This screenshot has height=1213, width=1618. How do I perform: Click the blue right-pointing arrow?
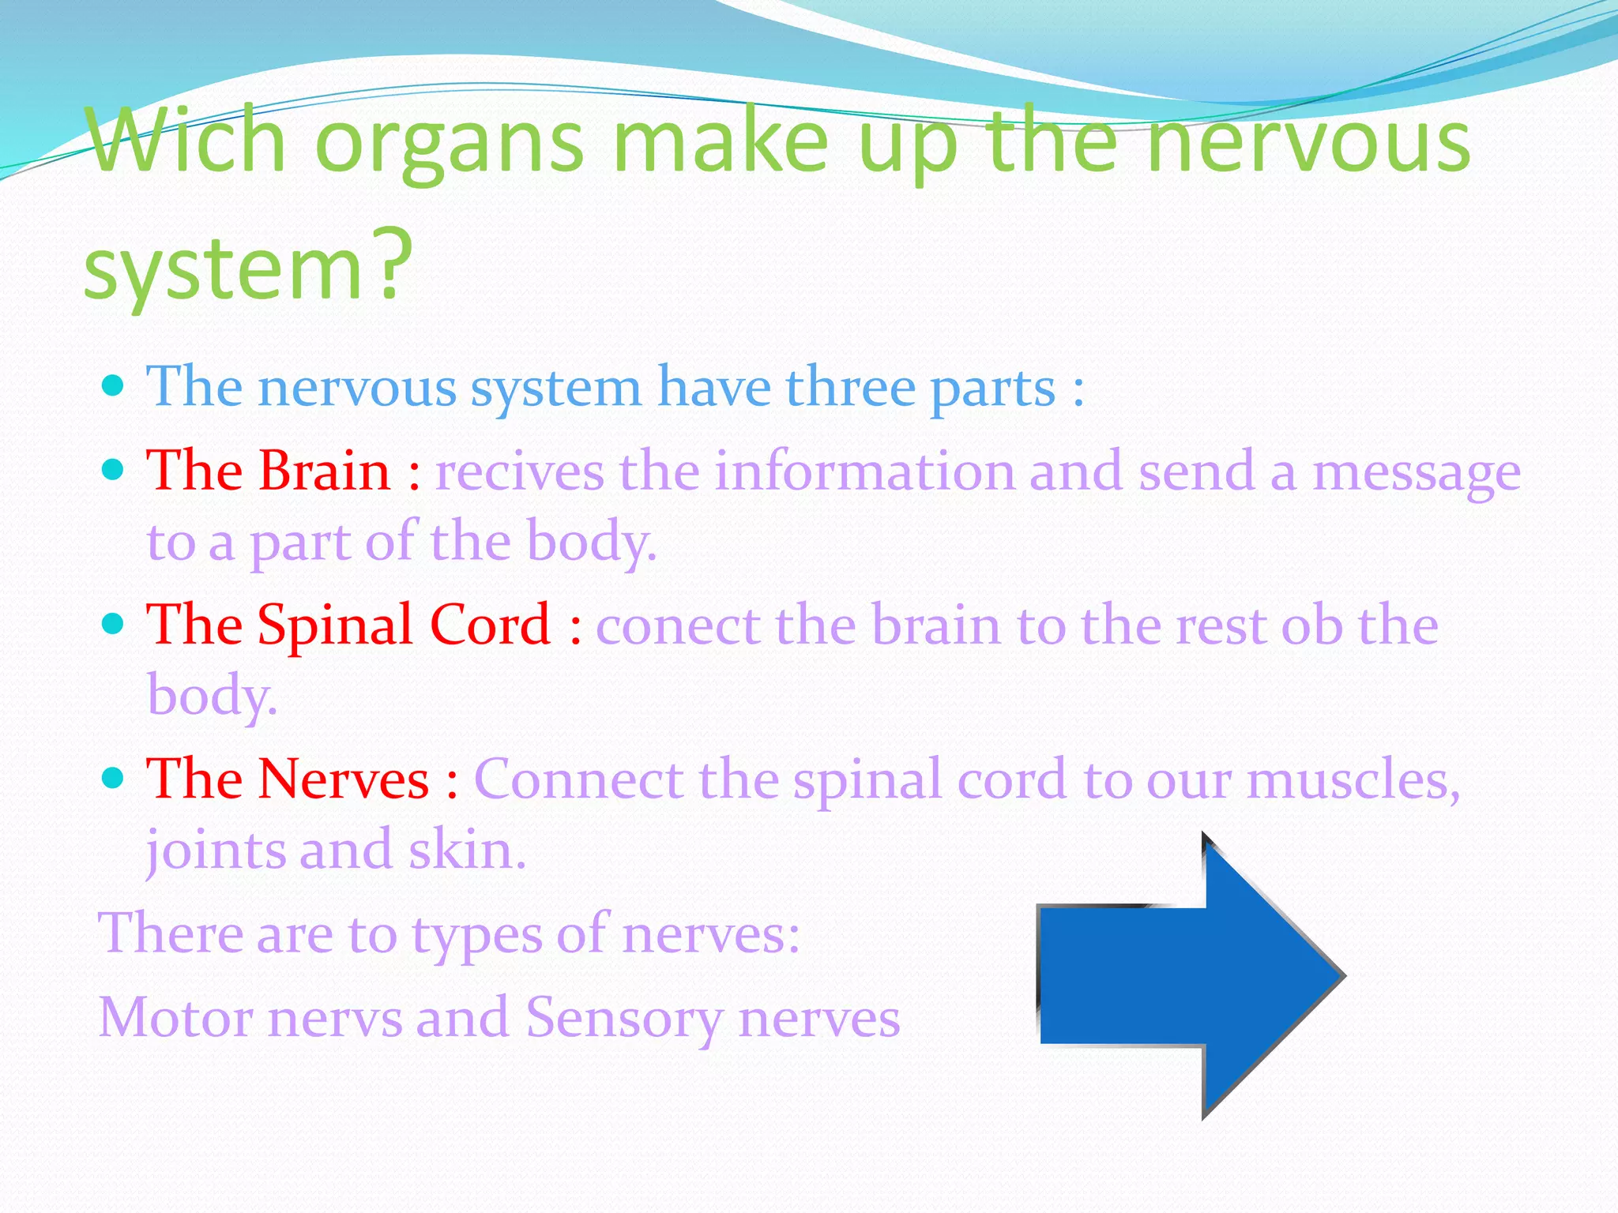1185,976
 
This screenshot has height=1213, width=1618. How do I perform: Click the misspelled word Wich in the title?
186,142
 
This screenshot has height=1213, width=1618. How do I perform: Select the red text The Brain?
269,471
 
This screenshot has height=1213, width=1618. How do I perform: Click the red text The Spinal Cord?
348,625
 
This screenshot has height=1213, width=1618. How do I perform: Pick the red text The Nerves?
288,779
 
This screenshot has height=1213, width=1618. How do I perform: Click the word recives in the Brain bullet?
519,471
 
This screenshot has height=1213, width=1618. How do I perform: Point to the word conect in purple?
679,625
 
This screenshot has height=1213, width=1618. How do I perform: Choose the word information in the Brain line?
864,471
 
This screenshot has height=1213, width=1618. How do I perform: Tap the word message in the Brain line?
1416,473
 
